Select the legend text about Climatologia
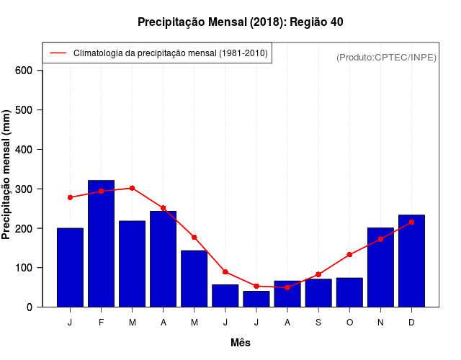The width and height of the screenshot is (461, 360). [x=170, y=53]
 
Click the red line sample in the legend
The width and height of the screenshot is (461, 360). [x=58, y=53]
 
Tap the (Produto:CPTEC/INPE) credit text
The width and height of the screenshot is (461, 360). [x=386, y=57]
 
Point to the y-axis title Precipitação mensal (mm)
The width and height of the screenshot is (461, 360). [x=7, y=174]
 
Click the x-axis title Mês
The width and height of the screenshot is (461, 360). [x=241, y=343]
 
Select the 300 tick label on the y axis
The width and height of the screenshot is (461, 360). [x=24, y=189]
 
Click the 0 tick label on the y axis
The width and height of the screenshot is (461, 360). [x=30, y=307]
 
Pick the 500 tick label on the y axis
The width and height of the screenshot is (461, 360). [x=24, y=110]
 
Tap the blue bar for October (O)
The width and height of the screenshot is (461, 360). [x=349, y=292]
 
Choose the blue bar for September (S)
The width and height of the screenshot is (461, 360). [x=318, y=293]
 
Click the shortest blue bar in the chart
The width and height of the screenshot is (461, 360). [x=256, y=299]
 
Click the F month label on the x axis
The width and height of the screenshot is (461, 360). [x=102, y=323]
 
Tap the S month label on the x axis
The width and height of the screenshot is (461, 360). [x=318, y=323]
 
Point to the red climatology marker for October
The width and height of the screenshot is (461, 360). [x=349, y=254]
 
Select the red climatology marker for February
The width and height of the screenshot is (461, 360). [x=102, y=191]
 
